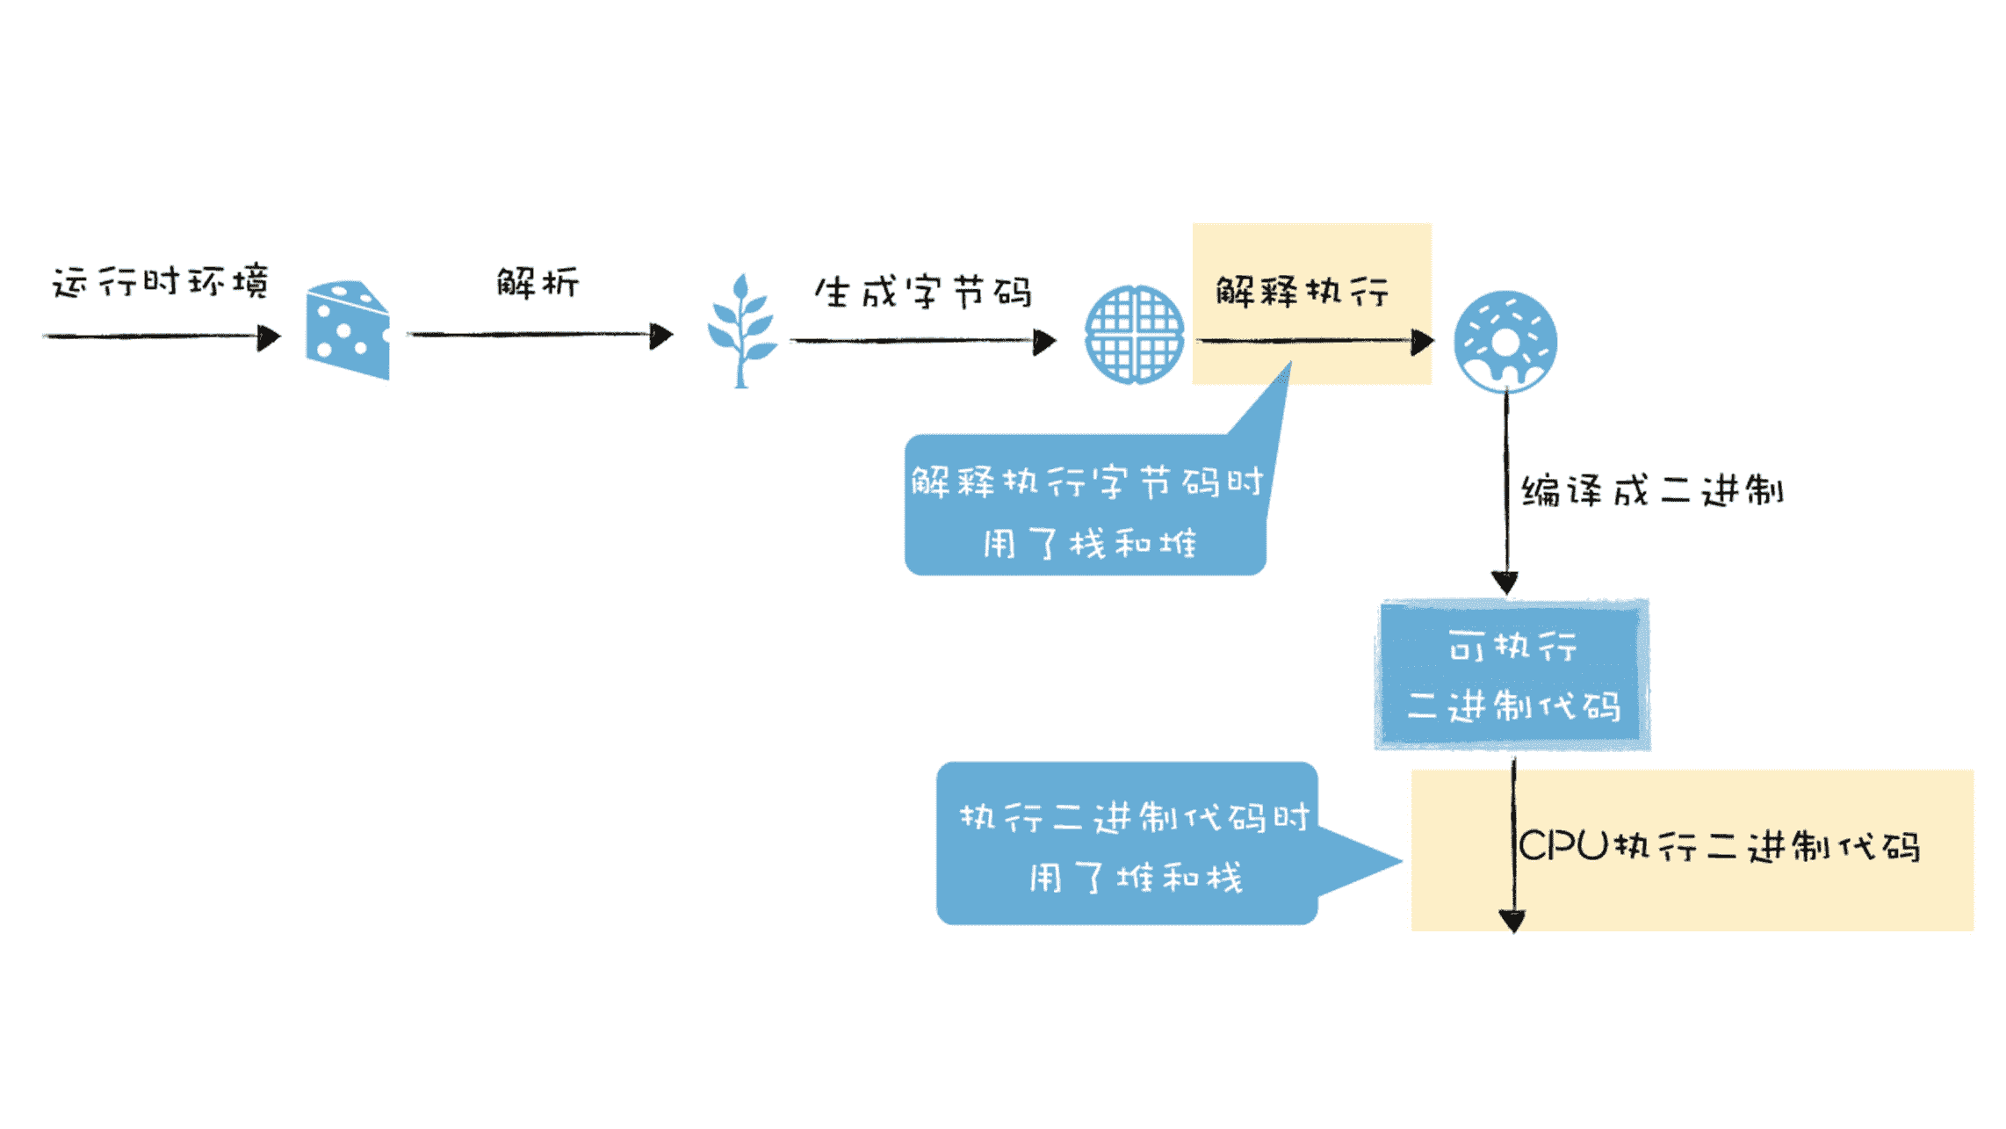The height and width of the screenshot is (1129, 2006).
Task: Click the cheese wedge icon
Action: tap(348, 330)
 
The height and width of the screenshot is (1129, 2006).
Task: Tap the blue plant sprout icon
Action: tap(742, 331)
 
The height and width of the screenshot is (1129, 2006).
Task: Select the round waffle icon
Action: tap(1134, 334)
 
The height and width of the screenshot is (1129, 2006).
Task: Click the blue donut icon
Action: tap(1505, 341)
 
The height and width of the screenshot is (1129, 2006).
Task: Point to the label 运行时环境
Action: tap(161, 283)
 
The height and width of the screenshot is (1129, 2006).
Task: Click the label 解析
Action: tap(538, 283)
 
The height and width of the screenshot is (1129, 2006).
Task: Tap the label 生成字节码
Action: tap(923, 293)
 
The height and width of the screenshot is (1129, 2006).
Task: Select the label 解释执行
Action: tap(1302, 291)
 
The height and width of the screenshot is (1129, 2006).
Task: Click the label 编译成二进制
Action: tap(1652, 491)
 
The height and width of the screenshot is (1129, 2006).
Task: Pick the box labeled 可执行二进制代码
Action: tap(1512, 675)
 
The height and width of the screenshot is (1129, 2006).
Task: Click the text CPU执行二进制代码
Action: tap(1719, 847)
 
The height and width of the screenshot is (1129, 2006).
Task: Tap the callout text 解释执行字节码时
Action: tap(1086, 481)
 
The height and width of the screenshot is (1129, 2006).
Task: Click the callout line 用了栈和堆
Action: tap(1089, 544)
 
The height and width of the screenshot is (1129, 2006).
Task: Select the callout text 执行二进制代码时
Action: tap(1134, 818)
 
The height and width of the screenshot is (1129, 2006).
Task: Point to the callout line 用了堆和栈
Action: tap(1136, 878)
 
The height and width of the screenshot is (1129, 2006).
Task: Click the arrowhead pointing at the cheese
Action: tap(269, 337)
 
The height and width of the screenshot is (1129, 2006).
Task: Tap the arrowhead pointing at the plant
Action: tap(661, 336)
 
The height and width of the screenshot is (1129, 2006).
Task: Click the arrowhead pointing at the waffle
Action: tap(1044, 342)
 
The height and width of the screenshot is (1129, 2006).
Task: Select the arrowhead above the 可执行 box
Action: tap(1505, 583)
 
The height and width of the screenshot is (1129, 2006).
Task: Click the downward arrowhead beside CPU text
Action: tap(1512, 921)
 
